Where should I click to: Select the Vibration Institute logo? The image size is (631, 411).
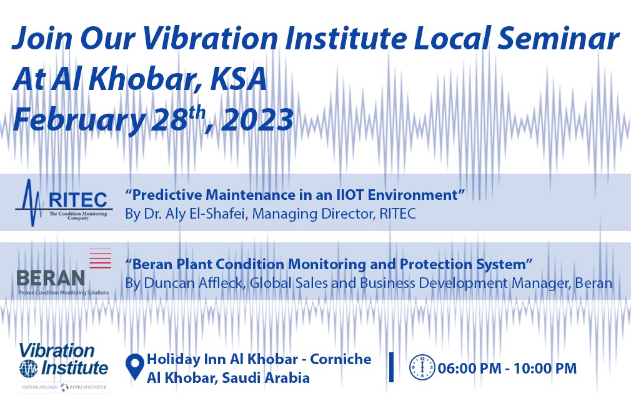(x=64, y=367)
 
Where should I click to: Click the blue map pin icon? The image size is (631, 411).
(x=134, y=367)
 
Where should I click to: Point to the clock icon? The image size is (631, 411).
(x=422, y=367)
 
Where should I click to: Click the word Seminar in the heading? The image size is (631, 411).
(x=559, y=38)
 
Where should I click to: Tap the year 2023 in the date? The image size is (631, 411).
(x=257, y=119)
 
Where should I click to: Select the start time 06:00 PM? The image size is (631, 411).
(x=470, y=368)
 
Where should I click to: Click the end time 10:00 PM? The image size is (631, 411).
(x=545, y=368)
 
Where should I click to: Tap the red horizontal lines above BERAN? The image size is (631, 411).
(x=100, y=258)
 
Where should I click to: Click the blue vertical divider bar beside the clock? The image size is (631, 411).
(x=391, y=367)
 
